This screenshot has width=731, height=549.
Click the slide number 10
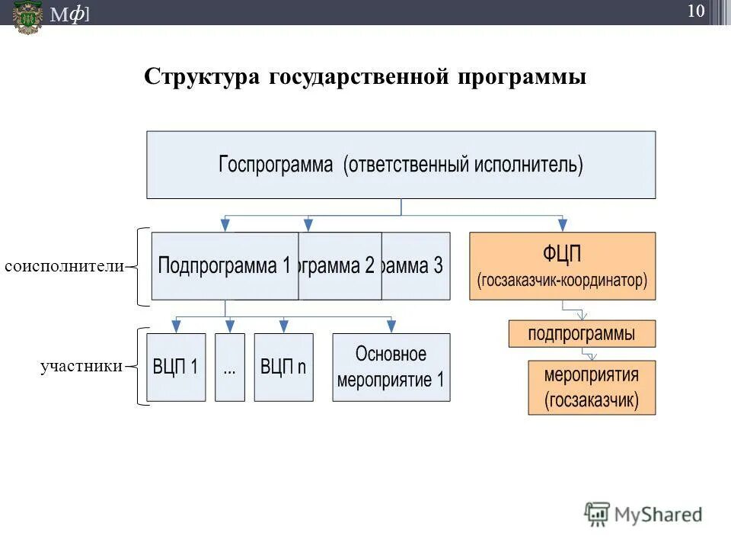(x=695, y=11)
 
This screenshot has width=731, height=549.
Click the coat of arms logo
(x=28, y=15)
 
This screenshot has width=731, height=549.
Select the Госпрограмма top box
(x=401, y=165)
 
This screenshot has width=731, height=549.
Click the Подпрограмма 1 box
(x=225, y=266)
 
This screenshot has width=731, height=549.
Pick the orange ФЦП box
(x=562, y=266)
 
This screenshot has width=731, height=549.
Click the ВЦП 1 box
(x=176, y=367)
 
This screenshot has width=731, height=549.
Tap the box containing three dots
(x=230, y=367)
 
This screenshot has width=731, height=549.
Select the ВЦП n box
(x=283, y=367)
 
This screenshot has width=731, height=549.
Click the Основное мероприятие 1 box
(x=391, y=367)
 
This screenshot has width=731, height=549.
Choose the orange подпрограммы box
(x=582, y=333)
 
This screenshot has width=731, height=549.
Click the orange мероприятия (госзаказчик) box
(x=592, y=387)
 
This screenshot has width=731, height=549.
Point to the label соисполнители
(x=64, y=266)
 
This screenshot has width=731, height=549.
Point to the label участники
(x=81, y=367)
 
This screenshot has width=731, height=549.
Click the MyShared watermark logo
(x=643, y=515)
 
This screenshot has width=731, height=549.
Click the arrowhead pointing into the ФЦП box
(x=562, y=226)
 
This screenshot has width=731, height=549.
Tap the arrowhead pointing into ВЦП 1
(x=176, y=327)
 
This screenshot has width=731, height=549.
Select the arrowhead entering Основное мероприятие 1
(x=391, y=327)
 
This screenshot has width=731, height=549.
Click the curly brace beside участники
(x=141, y=367)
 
